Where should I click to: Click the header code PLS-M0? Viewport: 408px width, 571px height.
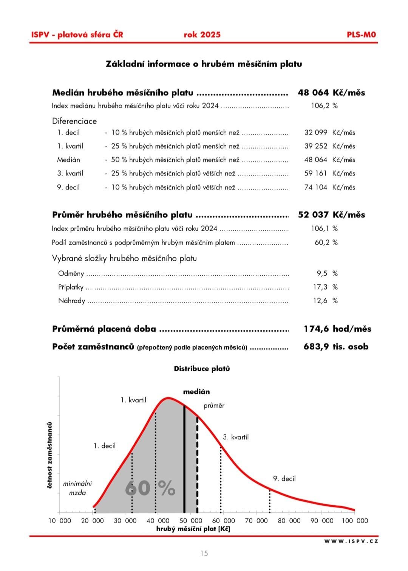(x=361, y=35)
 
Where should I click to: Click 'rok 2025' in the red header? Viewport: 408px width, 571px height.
(x=202, y=35)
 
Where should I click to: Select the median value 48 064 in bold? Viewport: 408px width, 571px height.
(x=313, y=93)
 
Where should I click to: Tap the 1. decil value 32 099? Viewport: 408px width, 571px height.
(x=316, y=133)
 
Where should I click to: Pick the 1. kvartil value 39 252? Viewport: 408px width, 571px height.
(x=316, y=146)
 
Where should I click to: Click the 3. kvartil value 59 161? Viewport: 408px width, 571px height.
(x=316, y=174)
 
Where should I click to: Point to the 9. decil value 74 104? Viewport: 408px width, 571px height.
(x=316, y=187)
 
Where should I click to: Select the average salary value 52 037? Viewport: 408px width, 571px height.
(x=313, y=215)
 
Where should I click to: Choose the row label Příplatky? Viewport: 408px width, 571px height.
(x=71, y=287)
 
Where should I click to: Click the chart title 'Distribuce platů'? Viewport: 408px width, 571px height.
(x=202, y=369)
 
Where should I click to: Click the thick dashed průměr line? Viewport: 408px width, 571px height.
(x=197, y=465)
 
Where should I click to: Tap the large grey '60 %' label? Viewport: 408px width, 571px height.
(x=150, y=488)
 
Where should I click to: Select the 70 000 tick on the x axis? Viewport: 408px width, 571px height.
(x=256, y=521)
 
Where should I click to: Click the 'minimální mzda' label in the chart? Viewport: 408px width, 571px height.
(x=77, y=488)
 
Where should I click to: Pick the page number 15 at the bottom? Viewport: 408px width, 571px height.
(x=204, y=554)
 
